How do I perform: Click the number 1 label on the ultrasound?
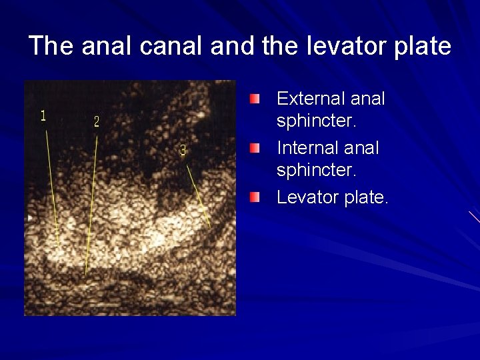[x=43, y=116]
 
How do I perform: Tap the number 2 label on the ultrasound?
[x=97, y=122]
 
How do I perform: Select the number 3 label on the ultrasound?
[x=183, y=151]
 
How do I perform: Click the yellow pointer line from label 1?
[x=52, y=187]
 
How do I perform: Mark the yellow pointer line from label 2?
[x=92, y=200]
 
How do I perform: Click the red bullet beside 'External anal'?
[x=256, y=99]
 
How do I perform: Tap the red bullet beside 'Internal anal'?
[x=256, y=147]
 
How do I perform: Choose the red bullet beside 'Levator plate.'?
[x=256, y=197]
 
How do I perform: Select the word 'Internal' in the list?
[x=307, y=147]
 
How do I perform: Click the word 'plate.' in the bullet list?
[x=366, y=197]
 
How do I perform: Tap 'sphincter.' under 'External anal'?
[x=317, y=121]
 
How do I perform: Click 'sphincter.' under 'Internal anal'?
[x=317, y=170]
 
